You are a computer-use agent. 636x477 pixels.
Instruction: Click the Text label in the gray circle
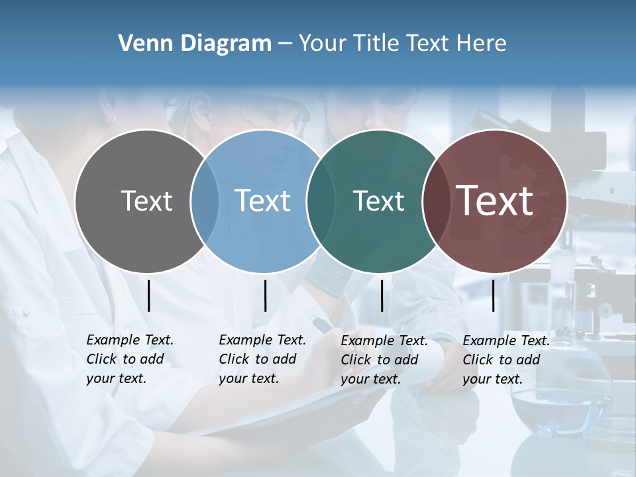coord(146,201)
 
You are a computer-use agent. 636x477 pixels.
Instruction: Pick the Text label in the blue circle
coord(263,201)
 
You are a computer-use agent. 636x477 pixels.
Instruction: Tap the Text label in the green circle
coord(378,201)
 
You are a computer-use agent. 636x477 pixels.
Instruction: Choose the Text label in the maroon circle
coord(495,201)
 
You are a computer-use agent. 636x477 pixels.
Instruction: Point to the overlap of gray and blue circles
coord(205,201)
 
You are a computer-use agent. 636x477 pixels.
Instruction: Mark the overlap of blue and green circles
coord(320,201)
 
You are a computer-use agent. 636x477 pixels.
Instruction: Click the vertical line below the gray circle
coord(149,295)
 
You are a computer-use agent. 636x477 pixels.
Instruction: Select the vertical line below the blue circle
coord(265,295)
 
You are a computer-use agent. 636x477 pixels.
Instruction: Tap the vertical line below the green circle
coord(382,295)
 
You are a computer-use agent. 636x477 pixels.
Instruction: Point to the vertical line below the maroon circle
coord(494,295)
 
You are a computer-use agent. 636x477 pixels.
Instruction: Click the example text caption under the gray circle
coord(129,359)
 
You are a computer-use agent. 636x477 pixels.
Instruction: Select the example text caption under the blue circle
coord(262,359)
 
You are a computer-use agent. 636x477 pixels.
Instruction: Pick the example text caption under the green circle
coord(384,360)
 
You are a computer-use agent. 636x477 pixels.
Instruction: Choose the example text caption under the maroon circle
coord(505,360)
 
